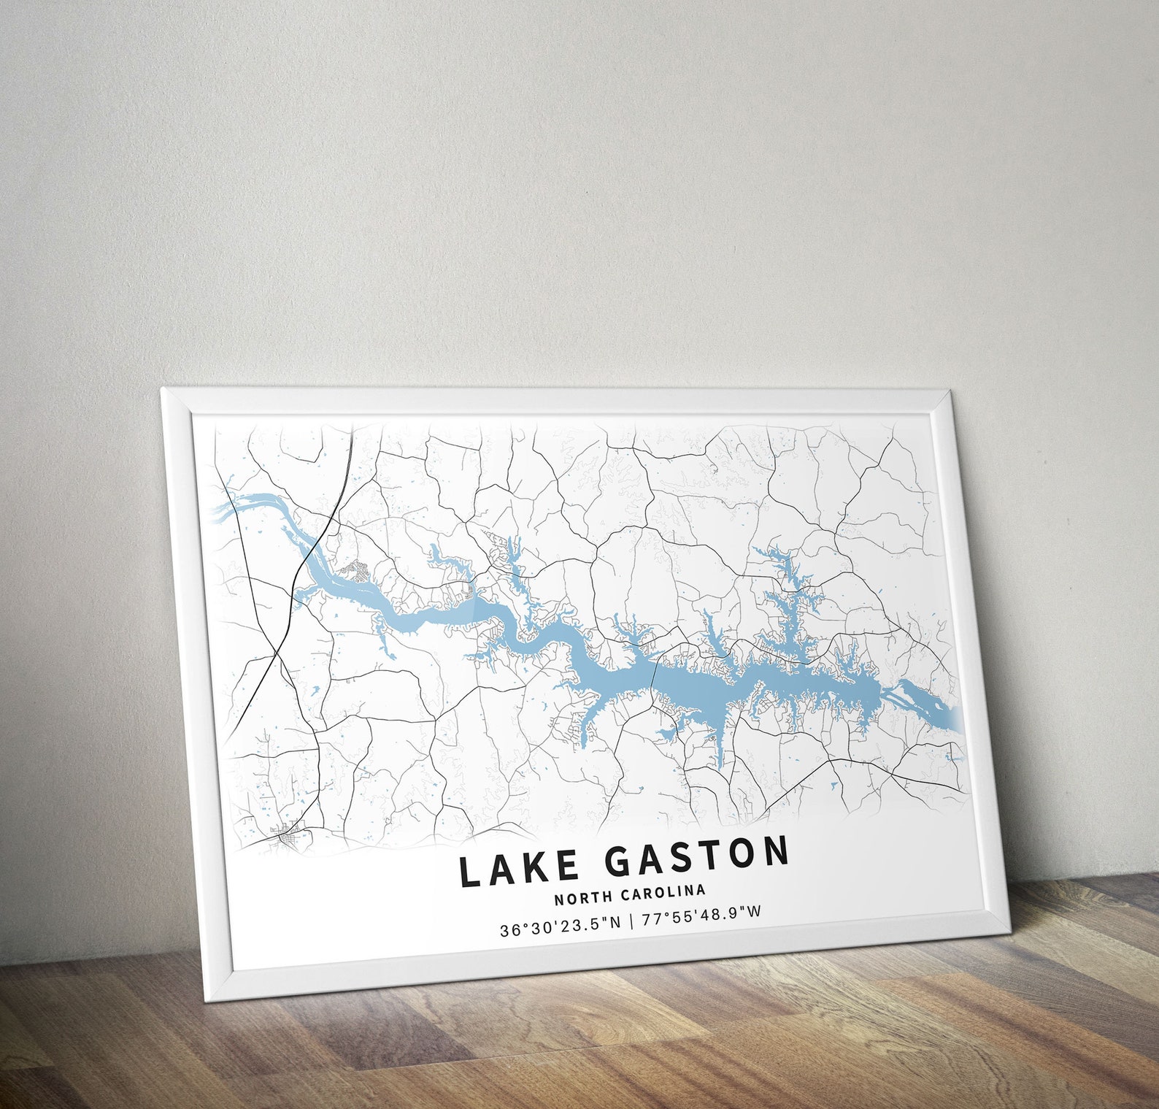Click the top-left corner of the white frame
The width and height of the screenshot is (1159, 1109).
coord(163,390)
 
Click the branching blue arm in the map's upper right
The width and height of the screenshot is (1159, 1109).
coord(788,577)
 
